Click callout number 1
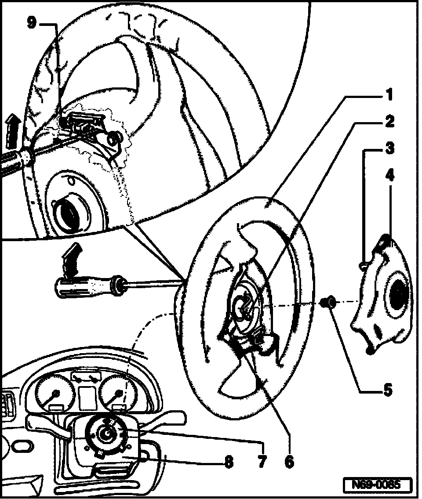(389, 94)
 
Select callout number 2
(389, 122)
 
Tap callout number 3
(389, 149)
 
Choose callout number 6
(289, 461)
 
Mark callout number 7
(262, 461)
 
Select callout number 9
(32, 23)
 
